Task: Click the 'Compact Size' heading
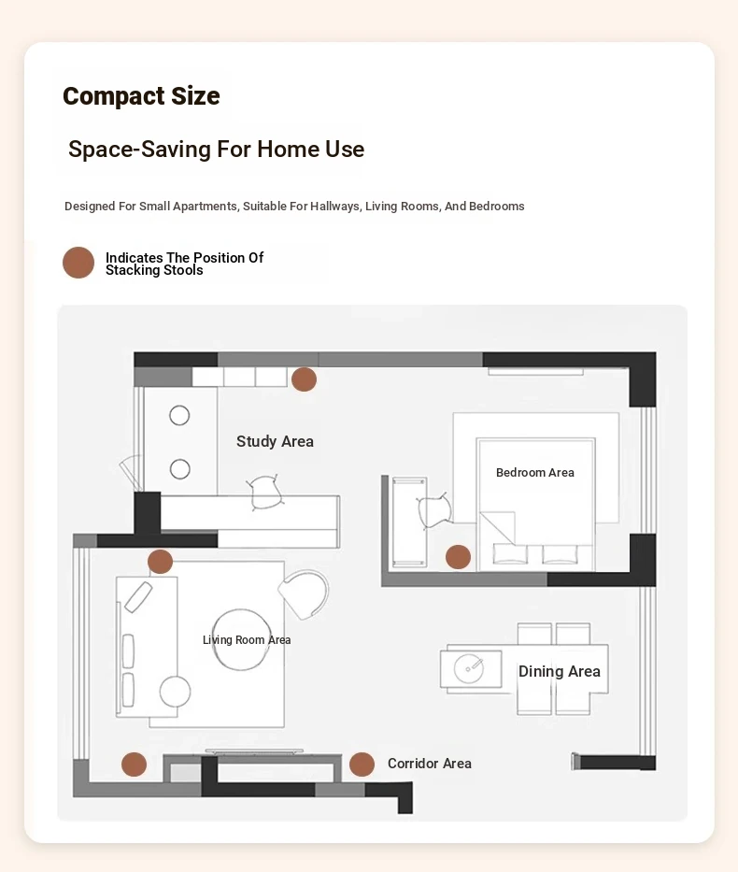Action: (141, 95)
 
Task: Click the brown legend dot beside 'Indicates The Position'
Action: (78, 263)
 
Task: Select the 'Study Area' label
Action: (275, 441)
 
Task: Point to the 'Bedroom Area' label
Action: (535, 472)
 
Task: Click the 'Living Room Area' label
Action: (247, 639)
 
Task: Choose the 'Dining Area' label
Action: (560, 671)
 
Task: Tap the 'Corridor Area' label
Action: (430, 764)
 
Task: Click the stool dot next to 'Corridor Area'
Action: (362, 765)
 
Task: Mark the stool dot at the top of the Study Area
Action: (304, 379)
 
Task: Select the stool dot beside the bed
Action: (458, 557)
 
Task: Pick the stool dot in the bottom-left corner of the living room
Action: (134, 765)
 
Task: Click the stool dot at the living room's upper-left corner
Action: (160, 561)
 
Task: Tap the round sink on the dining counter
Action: (468, 668)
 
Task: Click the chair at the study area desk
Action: (264, 492)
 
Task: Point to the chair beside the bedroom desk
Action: (434, 510)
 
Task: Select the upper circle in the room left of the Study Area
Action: (179, 415)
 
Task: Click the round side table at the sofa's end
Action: (175, 692)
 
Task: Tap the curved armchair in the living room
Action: (304, 594)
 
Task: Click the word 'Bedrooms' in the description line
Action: (497, 207)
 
